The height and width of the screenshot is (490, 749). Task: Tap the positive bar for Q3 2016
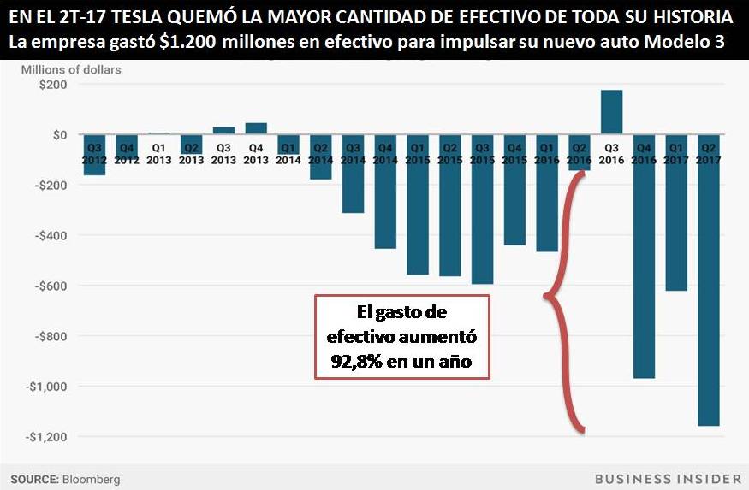tap(611, 112)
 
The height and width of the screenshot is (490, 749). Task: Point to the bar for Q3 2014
tap(353, 184)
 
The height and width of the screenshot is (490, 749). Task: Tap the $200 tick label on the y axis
tap(53, 85)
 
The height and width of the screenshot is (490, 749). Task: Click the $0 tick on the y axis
tap(59, 135)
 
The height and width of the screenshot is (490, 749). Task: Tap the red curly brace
tap(562, 299)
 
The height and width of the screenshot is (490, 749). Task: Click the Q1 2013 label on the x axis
tap(158, 153)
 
